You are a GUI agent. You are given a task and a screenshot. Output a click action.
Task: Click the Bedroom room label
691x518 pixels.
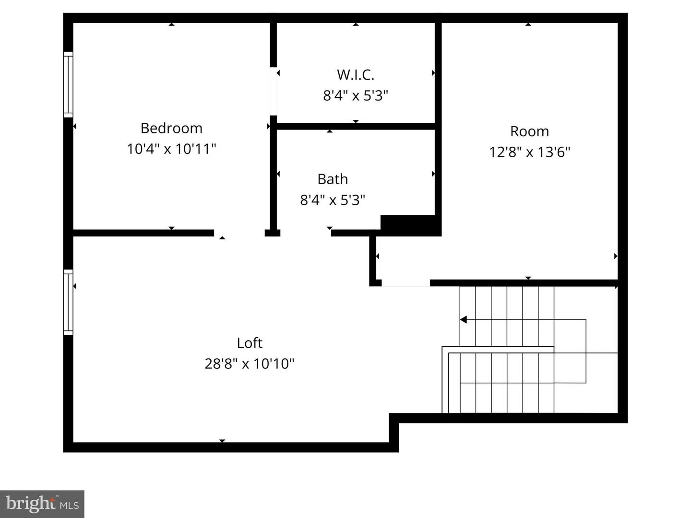coord(171,128)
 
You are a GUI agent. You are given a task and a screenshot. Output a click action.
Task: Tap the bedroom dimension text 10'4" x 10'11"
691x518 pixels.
coord(171,149)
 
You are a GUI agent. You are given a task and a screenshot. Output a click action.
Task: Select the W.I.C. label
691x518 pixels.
coord(355,75)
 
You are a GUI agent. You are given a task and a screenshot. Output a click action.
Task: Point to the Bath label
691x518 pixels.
coord(333,179)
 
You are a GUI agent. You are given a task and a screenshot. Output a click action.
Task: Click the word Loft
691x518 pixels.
coord(250,343)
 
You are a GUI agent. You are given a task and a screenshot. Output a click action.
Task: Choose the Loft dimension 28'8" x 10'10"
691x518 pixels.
coord(250,364)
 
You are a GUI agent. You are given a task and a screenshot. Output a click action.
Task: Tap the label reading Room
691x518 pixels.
coord(529,131)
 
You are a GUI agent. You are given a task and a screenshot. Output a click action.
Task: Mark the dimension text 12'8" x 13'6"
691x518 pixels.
coord(529,152)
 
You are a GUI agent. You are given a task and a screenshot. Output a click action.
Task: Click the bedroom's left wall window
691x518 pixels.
coord(68,84)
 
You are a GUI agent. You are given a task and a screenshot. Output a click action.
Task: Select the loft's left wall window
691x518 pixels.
coord(68,302)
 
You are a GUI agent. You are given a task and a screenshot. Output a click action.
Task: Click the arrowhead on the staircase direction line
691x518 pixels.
coord(464,320)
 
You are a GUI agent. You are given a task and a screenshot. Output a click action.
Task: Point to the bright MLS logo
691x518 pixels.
coord(42,504)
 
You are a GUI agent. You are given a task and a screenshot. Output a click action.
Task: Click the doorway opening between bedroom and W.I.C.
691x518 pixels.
coord(274,91)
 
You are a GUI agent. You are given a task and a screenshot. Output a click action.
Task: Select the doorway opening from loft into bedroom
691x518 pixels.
coord(239,234)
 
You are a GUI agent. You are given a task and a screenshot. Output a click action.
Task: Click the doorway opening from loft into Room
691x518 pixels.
coord(405,283)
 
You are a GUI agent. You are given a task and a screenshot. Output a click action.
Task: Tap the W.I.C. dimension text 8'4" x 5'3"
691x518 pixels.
coord(355,95)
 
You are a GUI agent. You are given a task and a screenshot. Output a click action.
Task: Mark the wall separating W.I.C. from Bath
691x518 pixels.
coord(355,127)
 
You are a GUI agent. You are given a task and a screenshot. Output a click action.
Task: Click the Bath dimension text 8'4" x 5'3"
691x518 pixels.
coord(333,200)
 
